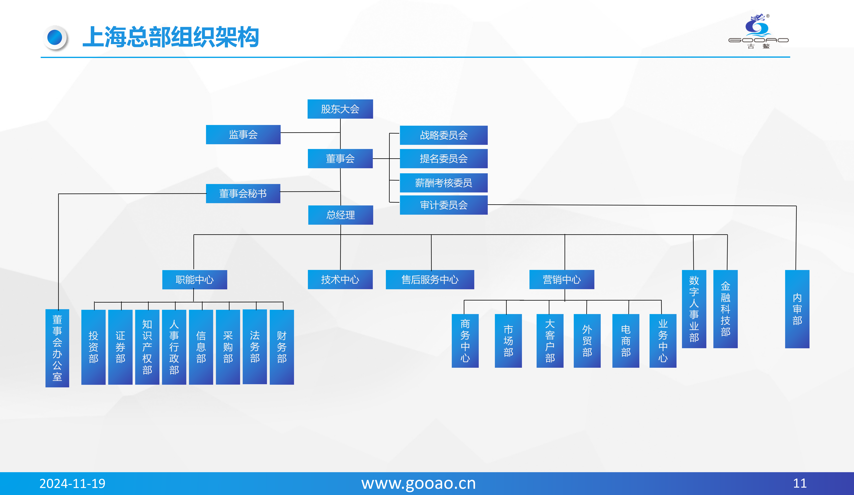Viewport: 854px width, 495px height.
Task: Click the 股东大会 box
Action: pyautogui.click(x=340, y=109)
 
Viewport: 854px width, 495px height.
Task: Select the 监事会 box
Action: pyautogui.click(x=243, y=134)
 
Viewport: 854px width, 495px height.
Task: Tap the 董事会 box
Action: pyautogui.click(x=340, y=158)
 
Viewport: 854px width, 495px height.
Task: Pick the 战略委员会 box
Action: pyautogui.click(x=444, y=135)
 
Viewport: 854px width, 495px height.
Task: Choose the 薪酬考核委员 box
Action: pyautogui.click(x=444, y=183)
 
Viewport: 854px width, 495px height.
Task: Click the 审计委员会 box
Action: pyautogui.click(x=444, y=205)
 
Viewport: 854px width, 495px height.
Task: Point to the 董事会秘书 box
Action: pyautogui.click(x=243, y=193)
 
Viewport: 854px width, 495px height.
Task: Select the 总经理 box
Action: pyautogui.click(x=341, y=215)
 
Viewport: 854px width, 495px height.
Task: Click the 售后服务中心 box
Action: pyautogui.click(x=430, y=280)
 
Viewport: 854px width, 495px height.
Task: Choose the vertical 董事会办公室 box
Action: pyautogui.click(x=57, y=348)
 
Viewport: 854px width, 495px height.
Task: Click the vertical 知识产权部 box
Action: pyautogui.click(x=147, y=347)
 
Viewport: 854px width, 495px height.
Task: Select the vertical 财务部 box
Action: pyautogui.click(x=282, y=347)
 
